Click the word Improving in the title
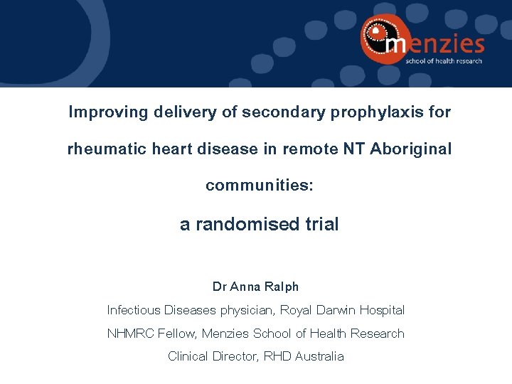(x=101, y=112)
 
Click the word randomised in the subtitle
(x=249, y=225)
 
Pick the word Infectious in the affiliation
(x=134, y=310)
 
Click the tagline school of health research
(x=444, y=61)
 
